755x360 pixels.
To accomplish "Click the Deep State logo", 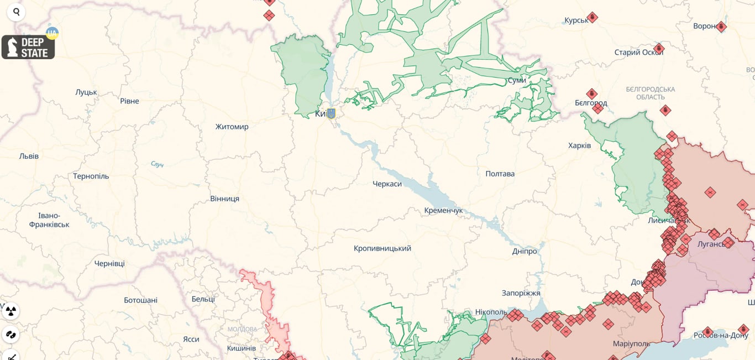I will point(28,47).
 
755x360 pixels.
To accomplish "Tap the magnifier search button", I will point(16,12).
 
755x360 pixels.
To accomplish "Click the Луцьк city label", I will point(86,92).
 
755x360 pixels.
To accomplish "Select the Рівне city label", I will point(129,101).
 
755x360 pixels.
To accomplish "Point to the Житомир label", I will point(232,127).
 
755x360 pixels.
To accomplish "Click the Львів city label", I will point(29,156).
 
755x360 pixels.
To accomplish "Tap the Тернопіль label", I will point(91,176).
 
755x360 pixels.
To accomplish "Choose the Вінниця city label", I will point(224,199).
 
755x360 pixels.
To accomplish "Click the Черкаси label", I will point(387,184).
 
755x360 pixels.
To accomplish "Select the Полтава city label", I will point(500,174).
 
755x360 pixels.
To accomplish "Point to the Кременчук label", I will point(443,211).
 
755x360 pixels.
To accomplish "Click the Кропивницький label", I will point(382,248).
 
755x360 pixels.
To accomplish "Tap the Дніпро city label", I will point(524,251).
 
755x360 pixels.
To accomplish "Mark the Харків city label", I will point(579,145).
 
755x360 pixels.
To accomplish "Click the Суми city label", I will point(516,80).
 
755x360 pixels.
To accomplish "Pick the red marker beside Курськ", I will point(592,18).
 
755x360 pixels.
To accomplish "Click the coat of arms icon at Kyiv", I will point(331,113).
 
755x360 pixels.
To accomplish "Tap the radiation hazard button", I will point(11,311).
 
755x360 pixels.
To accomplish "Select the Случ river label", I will point(157,164).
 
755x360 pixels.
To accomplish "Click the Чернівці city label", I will point(109,263).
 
